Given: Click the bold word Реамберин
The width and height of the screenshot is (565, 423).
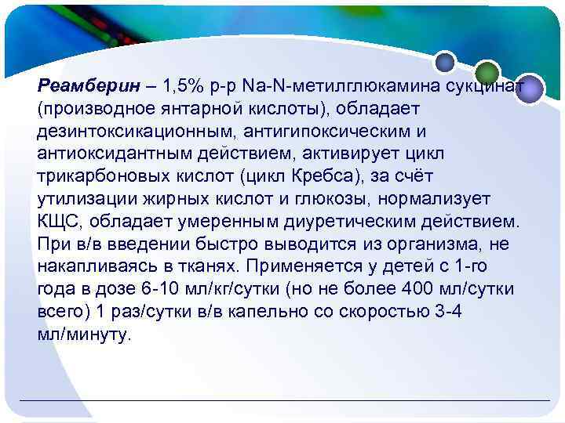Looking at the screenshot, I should pos(82,84).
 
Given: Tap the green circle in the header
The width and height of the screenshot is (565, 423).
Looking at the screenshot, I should pos(487,70).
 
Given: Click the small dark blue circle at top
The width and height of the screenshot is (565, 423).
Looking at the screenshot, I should pos(445,60).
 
